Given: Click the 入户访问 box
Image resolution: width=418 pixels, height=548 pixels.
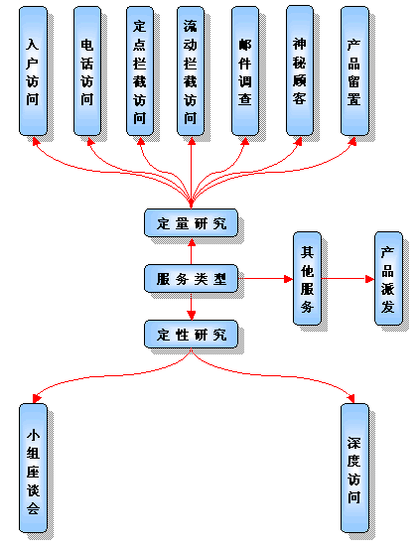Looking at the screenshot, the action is [x=33, y=70].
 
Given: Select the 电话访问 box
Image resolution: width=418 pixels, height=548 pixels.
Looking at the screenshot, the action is [x=87, y=70].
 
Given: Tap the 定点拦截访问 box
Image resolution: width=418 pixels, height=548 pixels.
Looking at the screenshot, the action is [x=140, y=70].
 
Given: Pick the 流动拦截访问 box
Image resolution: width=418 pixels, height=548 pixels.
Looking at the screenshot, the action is [x=191, y=70].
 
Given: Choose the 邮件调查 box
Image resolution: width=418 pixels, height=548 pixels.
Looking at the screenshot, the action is [x=245, y=70].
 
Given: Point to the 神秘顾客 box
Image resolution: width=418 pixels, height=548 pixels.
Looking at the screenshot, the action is [x=300, y=70].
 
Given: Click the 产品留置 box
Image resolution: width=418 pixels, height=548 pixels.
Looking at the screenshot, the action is [x=354, y=70].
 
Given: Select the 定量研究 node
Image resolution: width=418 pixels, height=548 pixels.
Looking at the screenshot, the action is [x=192, y=223].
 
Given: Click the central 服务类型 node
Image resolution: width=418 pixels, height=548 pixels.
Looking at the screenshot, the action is [x=192, y=279].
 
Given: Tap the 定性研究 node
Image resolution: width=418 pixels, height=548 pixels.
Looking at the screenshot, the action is [x=192, y=335].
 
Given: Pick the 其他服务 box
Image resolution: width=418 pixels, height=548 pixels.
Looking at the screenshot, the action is [x=307, y=279].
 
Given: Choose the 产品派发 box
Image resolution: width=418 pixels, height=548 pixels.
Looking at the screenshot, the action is [x=388, y=279].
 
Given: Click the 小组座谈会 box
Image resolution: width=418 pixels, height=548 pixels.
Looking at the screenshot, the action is [x=33, y=469].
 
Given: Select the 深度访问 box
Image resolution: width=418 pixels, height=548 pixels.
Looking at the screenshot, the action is [x=354, y=469].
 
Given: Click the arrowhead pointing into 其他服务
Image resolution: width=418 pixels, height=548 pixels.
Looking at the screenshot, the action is [x=288, y=279].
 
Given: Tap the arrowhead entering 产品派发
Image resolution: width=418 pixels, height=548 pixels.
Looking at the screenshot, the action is [x=369, y=279].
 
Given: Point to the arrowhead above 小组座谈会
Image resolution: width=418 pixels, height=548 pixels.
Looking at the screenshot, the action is [x=37, y=398].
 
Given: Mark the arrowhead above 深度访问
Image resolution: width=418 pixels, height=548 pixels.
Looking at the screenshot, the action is [x=351, y=399].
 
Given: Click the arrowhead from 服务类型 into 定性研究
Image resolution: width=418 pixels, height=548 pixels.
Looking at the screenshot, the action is [x=192, y=316].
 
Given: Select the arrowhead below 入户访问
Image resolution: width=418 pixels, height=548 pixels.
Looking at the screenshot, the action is [x=36, y=141].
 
